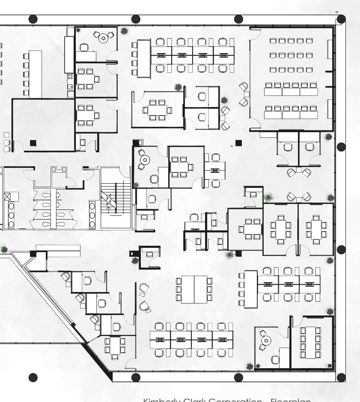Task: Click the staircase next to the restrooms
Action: [x=115, y=198]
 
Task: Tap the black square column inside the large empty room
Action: [x=33, y=143]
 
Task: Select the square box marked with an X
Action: [x=7, y=197]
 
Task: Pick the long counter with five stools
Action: [x=35, y=74]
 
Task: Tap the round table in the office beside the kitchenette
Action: [x=103, y=38]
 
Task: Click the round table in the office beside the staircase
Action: [x=146, y=160]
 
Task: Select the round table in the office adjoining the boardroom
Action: [x=266, y=341]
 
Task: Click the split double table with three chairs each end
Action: [x=194, y=289]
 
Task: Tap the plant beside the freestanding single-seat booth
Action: [x=135, y=260]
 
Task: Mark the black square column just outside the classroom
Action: [x=238, y=143]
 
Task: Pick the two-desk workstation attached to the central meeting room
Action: [x=215, y=170]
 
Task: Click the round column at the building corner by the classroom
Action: [x=341, y=19]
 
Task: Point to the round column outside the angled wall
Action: [x=33, y=377]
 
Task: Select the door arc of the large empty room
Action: [x=18, y=146]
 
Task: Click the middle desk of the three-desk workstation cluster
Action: [x=289, y=284]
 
